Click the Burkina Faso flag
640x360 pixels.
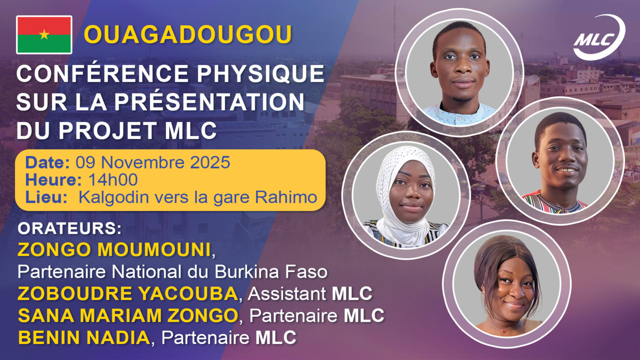tap(44, 34)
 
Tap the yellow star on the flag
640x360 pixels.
tap(44, 34)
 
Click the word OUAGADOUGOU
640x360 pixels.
tap(187, 34)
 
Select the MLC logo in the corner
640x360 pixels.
tap(598, 37)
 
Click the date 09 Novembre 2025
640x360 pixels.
tap(153, 162)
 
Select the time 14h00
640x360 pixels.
tap(113, 180)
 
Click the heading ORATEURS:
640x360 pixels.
tap(70, 228)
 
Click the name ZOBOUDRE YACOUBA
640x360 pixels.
tap(127, 294)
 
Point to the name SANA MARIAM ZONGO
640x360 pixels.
tap(127, 315)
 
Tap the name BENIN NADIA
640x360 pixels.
tap(83, 337)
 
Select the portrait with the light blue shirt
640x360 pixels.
tap(459, 72)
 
